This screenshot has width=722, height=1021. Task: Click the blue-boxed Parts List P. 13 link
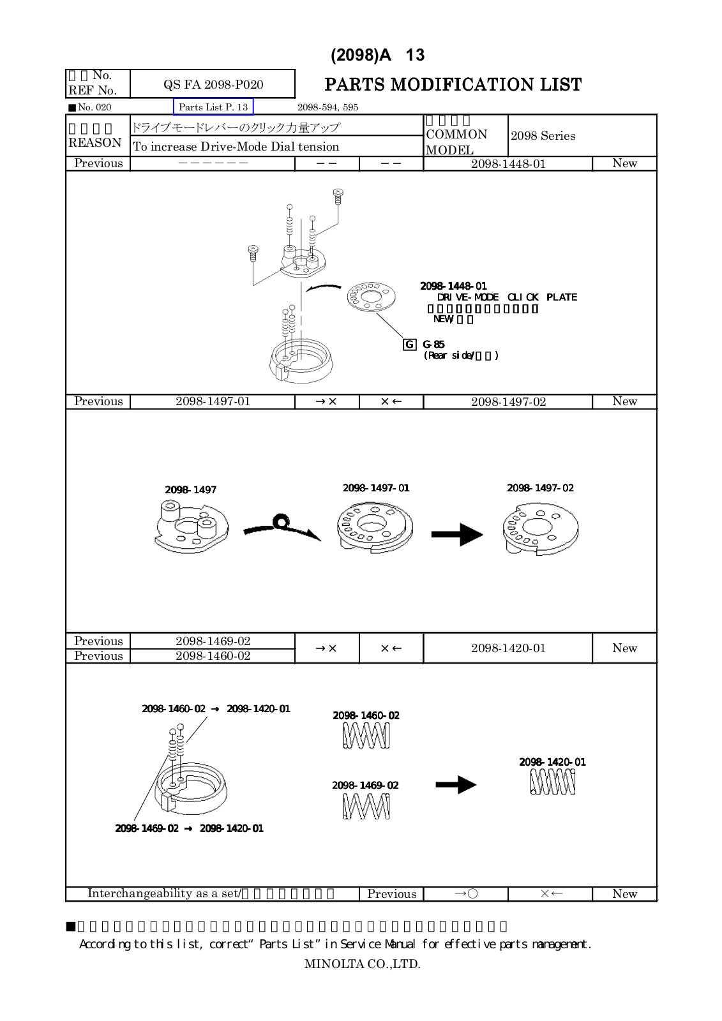click(x=213, y=107)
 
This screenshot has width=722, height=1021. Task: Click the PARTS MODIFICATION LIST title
click(x=453, y=85)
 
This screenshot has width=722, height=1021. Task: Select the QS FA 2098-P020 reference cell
click(x=213, y=84)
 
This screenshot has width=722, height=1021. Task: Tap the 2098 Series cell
click(x=543, y=136)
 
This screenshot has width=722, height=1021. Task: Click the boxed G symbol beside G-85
click(x=409, y=345)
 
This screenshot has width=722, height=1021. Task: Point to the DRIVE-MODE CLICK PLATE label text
click(x=507, y=297)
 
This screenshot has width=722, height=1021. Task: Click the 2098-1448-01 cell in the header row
click(x=508, y=164)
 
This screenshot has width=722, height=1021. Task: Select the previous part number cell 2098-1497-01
click(x=213, y=401)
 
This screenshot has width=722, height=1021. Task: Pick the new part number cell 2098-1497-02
click(x=508, y=402)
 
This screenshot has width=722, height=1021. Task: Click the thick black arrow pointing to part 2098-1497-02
click(x=456, y=534)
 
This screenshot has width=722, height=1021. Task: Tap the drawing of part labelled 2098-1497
click(x=191, y=527)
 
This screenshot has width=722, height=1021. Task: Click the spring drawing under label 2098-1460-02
click(x=366, y=737)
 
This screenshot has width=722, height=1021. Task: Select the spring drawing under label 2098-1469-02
click(x=366, y=807)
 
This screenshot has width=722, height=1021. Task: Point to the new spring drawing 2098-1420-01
click(x=552, y=782)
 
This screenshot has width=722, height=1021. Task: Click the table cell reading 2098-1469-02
click(x=213, y=641)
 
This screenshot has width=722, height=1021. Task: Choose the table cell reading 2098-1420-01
click(x=508, y=648)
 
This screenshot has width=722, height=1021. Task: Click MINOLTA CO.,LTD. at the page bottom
click(x=362, y=964)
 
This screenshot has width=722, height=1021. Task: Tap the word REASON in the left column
click(x=95, y=143)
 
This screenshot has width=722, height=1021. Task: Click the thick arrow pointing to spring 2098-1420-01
click(x=456, y=785)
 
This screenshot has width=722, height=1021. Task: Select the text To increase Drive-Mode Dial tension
click(x=236, y=147)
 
